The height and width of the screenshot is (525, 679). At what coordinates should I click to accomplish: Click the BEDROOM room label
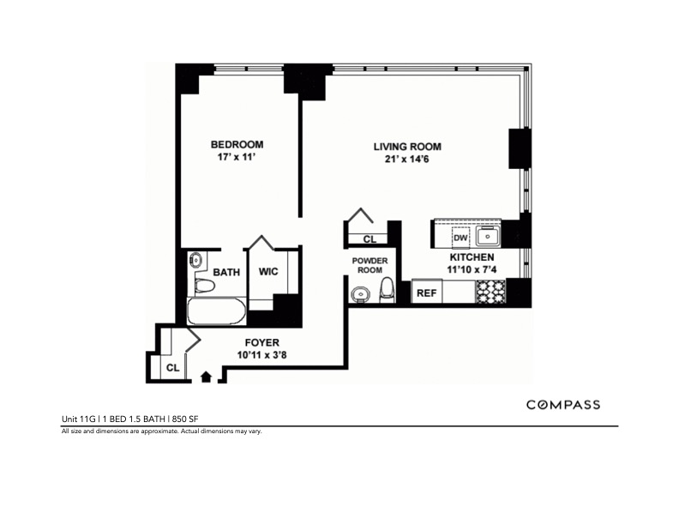pyautogui.click(x=237, y=144)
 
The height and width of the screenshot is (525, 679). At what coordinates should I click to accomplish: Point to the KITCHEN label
pyautogui.click(x=472, y=256)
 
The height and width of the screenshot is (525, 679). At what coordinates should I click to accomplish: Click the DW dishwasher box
pyautogui.click(x=460, y=238)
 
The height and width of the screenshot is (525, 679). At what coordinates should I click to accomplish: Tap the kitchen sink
pyautogui.click(x=492, y=234)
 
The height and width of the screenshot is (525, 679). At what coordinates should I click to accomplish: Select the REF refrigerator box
pyautogui.click(x=425, y=293)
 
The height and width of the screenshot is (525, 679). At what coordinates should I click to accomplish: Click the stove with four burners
pyautogui.click(x=493, y=292)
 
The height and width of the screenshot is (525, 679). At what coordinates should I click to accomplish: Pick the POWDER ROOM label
pyautogui.click(x=370, y=264)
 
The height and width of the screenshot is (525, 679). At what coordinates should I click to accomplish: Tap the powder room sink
pyautogui.click(x=360, y=295)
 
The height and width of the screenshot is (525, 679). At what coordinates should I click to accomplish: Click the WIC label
pyautogui.click(x=269, y=272)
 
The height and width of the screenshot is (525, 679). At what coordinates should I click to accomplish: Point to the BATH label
pyautogui.click(x=226, y=272)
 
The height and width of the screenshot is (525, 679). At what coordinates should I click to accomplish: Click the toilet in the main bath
pyautogui.click(x=205, y=286)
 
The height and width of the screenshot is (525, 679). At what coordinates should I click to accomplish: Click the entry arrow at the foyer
pyautogui.click(x=206, y=375)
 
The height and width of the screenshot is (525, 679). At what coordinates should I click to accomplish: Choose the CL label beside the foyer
pyautogui.click(x=172, y=368)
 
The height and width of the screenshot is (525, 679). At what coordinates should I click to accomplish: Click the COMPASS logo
pyautogui.click(x=562, y=405)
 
